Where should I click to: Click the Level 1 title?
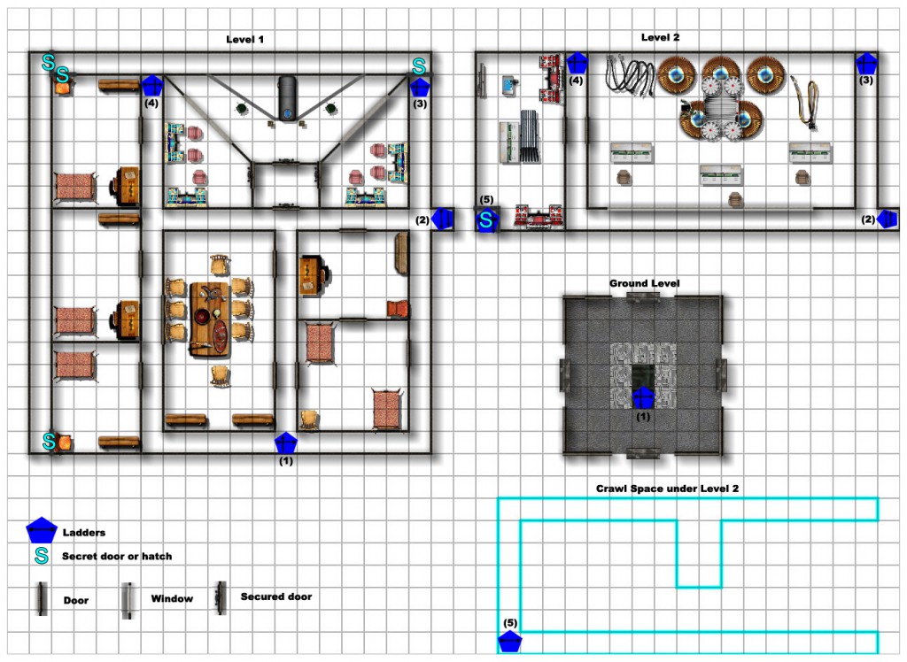click(x=244, y=39)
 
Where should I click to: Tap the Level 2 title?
click(x=660, y=37)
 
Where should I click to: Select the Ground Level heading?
click(x=645, y=283)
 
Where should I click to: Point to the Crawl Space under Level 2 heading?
click(x=667, y=489)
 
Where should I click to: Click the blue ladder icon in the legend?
click(x=42, y=530)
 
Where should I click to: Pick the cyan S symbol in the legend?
click(x=42, y=556)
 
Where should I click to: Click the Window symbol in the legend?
click(x=128, y=600)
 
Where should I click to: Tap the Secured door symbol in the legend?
click(x=220, y=598)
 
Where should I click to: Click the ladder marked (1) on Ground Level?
click(x=643, y=398)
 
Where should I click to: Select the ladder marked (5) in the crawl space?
click(x=509, y=642)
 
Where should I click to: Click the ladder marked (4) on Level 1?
click(x=152, y=86)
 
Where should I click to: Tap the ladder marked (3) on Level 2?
click(x=866, y=64)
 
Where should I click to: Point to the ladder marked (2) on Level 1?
click(x=443, y=219)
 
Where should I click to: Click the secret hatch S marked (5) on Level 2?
click(x=486, y=220)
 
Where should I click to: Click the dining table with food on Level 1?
click(x=210, y=319)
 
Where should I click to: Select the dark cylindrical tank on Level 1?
click(x=288, y=98)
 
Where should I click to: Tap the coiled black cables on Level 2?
click(x=630, y=75)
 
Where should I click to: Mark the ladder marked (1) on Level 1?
click(x=286, y=443)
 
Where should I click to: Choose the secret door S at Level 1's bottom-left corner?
click(x=50, y=441)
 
